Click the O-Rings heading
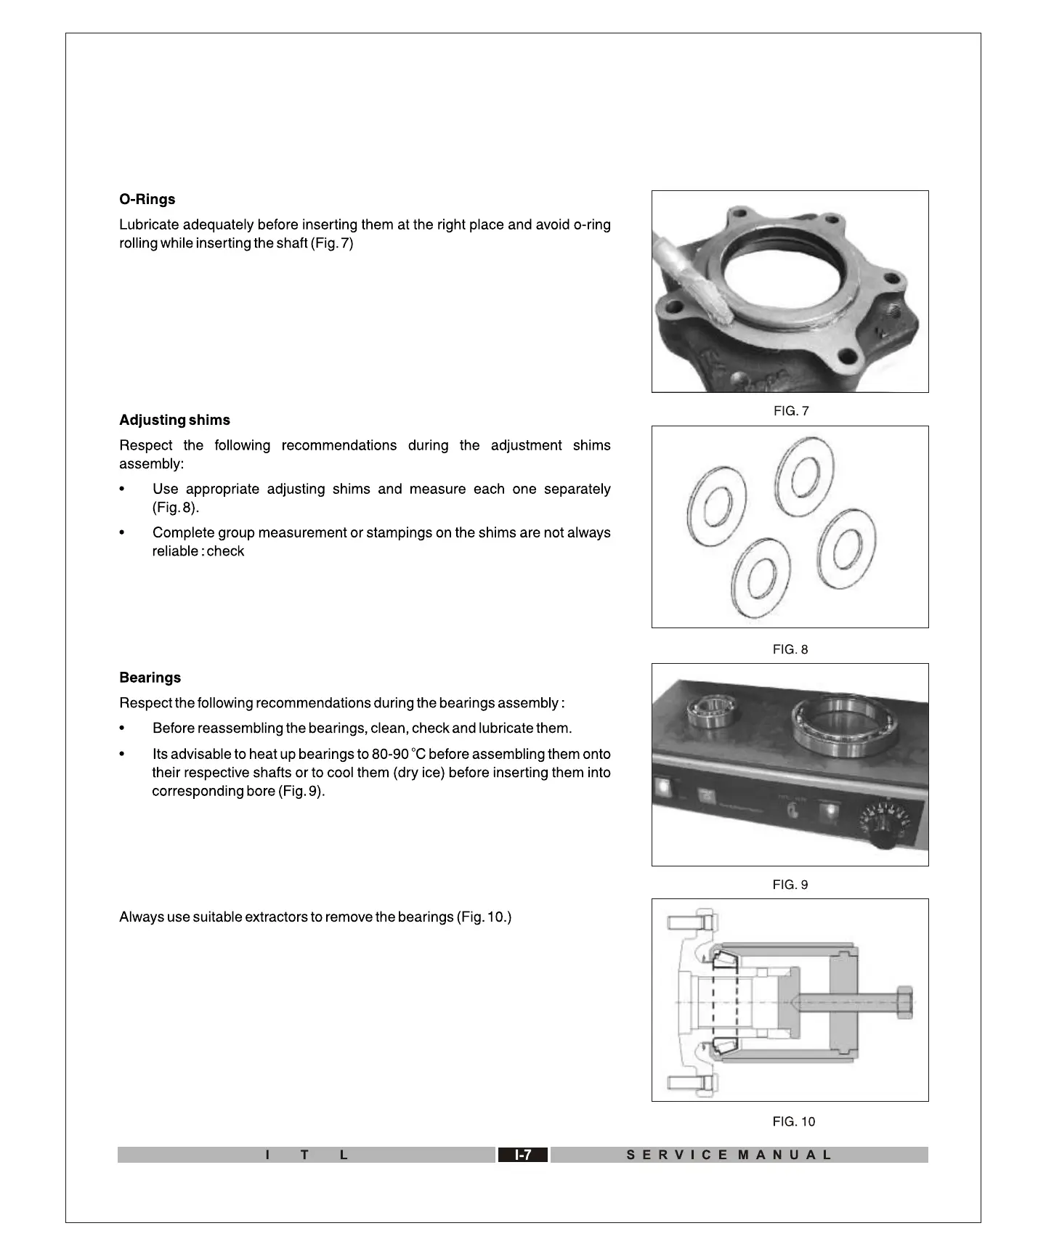tap(147, 200)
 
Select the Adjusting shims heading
tap(174, 421)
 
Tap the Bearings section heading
tap(150, 678)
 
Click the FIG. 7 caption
tap(790, 412)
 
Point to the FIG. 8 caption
tap(790, 650)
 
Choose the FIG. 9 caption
tap(790, 885)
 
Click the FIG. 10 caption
tap(793, 1122)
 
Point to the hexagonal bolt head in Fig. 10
tap(904, 1002)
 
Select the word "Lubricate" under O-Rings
tap(149, 225)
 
